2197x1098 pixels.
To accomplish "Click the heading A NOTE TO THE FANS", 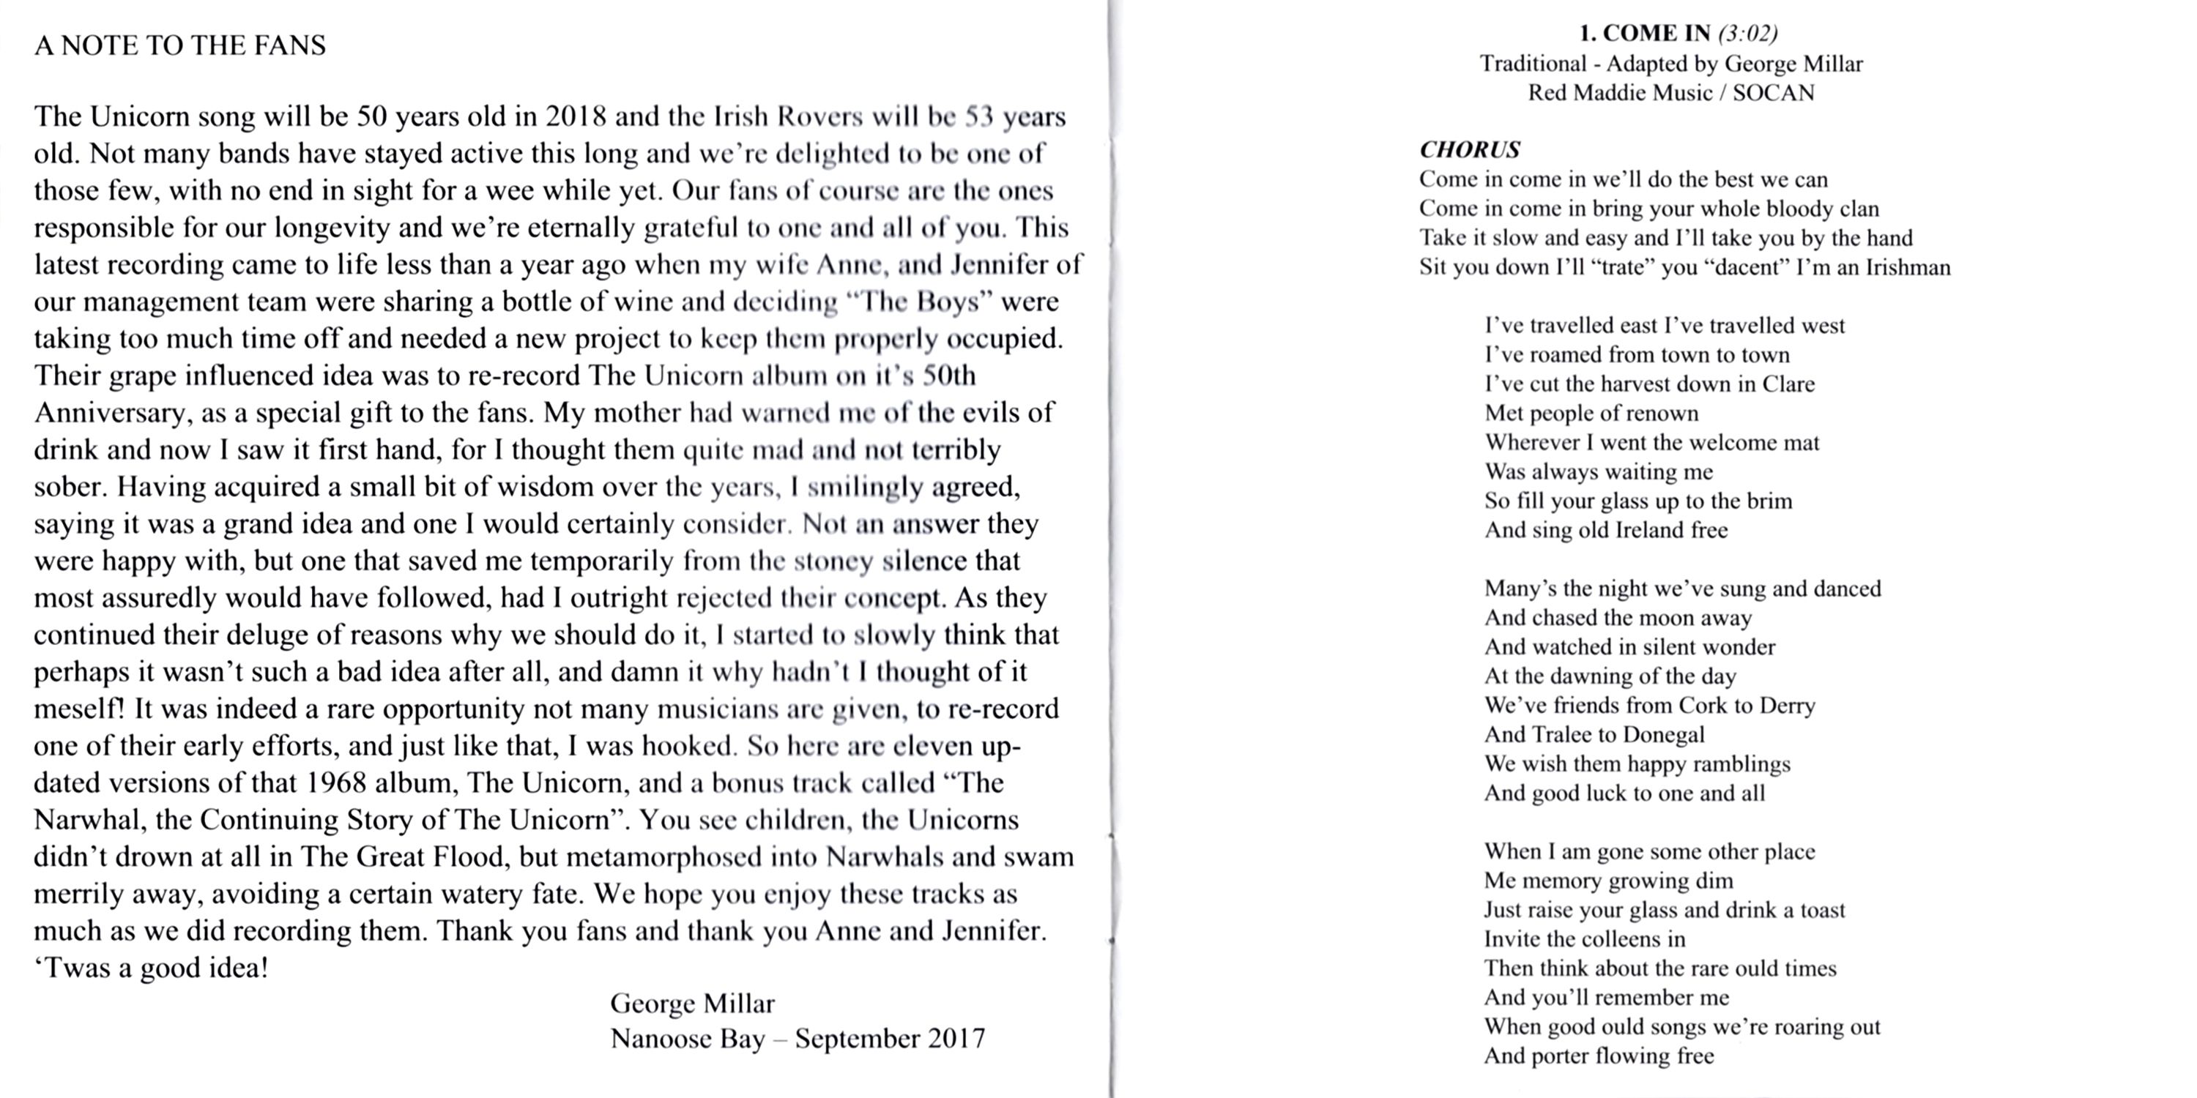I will pyautogui.click(x=180, y=45).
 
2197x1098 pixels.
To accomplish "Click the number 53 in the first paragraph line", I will pyautogui.click(x=980, y=117).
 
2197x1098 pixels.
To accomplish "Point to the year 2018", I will pyautogui.click(x=576, y=117).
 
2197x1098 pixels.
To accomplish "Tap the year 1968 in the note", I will pyautogui.click(x=342, y=783).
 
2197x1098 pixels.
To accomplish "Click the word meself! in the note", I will pyautogui.click(x=79, y=709).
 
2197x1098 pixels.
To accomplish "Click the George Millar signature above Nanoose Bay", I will pyautogui.click(x=691, y=1004).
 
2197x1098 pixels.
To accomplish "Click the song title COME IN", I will pyautogui.click(x=1657, y=33).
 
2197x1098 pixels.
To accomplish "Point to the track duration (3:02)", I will pyautogui.click(x=1747, y=33).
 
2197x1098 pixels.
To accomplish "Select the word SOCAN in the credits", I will pyautogui.click(x=1773, y=93).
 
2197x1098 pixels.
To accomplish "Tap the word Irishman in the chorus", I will pyautogui.click(x=1908, y=268).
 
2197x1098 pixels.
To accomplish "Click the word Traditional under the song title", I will pyautogui.click(x=1533, y=64).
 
